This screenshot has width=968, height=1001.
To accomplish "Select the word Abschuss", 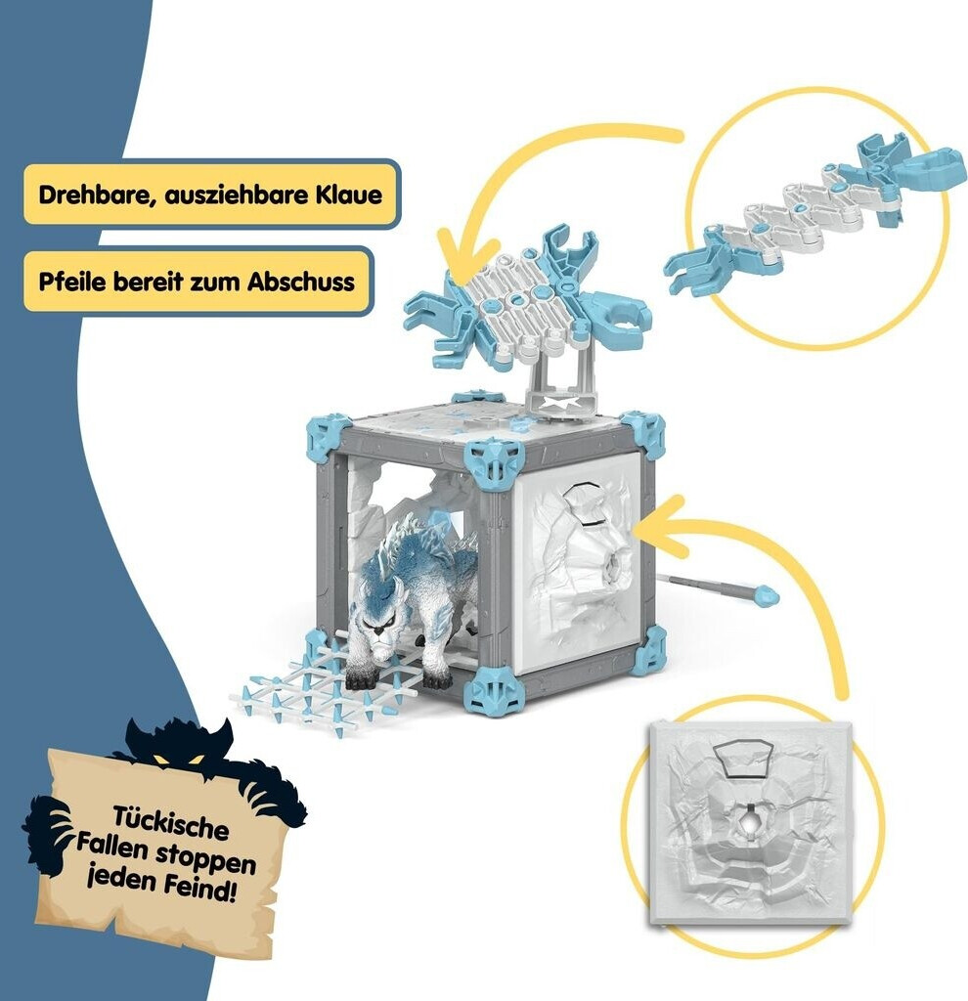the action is (x=301, y=281).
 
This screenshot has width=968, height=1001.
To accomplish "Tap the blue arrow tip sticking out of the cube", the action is (x=770, y=594).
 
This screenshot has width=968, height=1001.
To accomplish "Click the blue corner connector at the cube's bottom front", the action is (x=493, y=691).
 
